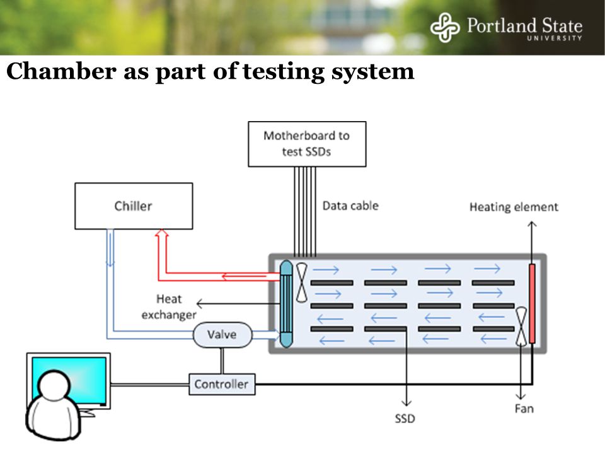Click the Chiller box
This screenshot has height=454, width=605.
click(134, 206)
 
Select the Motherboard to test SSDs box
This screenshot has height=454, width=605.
click(307, 144)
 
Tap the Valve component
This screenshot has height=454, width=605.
click(222, 335)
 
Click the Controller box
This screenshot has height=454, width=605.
click(222, 384)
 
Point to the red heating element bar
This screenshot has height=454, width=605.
click(532, 303)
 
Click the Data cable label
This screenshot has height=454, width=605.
click(350, 206)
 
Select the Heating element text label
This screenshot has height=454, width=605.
click(514, 207)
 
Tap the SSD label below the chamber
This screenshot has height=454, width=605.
click(405, 419)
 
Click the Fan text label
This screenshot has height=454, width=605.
click(524, 409)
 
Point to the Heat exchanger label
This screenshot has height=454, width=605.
click(169, 307)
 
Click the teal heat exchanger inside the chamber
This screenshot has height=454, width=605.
click(286, 304)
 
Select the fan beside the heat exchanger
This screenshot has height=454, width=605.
click(301, 282)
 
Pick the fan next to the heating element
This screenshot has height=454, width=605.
click(521, 326)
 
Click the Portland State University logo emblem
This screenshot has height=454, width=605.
click(445, 27)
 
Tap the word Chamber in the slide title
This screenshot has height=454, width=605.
click(61, 71)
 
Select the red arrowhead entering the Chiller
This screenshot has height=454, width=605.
click(162, 233)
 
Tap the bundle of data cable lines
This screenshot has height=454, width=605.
click(305, 212)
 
